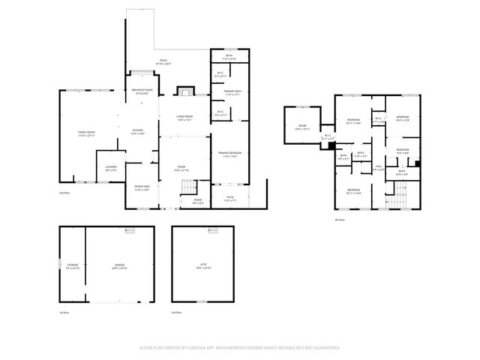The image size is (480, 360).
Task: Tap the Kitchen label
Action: tap(138, 131)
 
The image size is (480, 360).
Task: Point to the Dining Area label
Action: tap(142, 187)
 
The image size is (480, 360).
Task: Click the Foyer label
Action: tap(181, 168)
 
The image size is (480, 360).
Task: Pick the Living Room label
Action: tap(184, 118)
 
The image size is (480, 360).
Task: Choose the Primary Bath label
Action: tap(232, 93)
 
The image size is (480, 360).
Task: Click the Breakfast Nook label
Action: tap(143, 91)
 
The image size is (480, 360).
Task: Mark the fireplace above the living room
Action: tap(184, 91)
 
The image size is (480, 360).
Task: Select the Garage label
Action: tap(119, 266)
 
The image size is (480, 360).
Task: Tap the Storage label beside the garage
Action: tap(72, 266)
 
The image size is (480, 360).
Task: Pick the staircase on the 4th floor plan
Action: tap(398, 198)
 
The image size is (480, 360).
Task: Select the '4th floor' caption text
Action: tap(340, 220)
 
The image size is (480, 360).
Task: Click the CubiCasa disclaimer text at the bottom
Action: tap(240, 347)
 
